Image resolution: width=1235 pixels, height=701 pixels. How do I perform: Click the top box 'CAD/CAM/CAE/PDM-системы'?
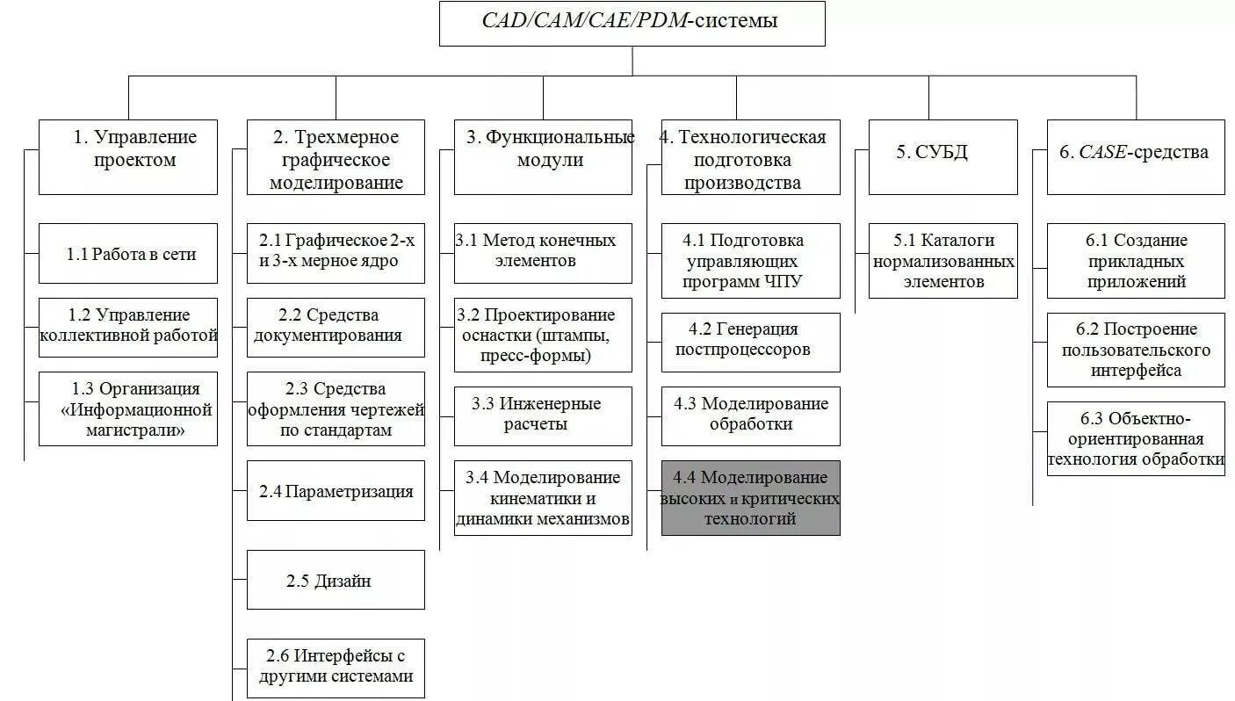(632, 24)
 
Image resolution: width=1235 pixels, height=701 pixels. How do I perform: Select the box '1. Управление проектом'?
(128, 157)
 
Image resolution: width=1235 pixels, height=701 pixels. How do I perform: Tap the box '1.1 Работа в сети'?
(128, 254)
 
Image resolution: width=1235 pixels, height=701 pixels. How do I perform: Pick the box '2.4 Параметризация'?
(336, 491)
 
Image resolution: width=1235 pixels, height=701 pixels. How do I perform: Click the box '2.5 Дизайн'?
(336, 580)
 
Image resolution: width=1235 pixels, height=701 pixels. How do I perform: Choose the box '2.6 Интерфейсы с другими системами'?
(336, 667)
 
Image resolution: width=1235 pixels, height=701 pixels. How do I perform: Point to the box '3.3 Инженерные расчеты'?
(543, 416)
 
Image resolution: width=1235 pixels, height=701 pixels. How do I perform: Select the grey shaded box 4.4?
(750, 498)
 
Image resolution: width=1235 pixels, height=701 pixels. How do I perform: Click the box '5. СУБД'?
(931, 157)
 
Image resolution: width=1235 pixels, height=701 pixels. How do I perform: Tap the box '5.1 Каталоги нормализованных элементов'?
(943, 261)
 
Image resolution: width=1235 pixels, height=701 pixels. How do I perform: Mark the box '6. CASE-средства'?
(1136, 157)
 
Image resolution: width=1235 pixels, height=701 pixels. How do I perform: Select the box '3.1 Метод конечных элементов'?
(543, 252)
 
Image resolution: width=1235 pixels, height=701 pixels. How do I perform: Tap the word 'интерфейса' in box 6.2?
(1136, 371)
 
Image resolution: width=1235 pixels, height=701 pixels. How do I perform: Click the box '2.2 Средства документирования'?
(336, 327)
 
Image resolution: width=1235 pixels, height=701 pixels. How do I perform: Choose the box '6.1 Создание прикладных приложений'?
(1136, 261)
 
